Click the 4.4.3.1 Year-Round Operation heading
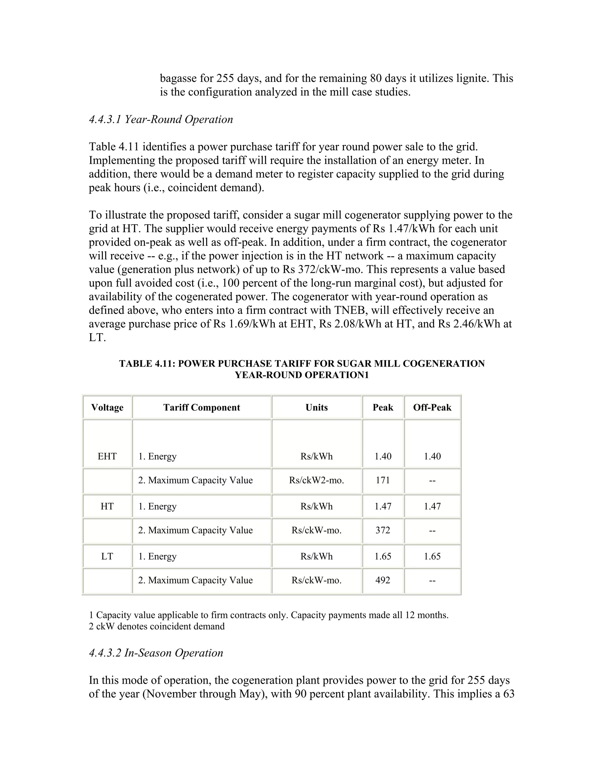161,119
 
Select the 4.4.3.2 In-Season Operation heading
156,653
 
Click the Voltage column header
107,408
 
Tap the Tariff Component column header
201,408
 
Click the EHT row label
107,456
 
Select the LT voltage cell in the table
107,556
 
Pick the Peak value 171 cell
383,480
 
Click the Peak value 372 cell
383,530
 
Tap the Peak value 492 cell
383,580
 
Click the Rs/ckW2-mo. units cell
316,480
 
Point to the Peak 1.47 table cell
383,506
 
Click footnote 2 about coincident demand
157,626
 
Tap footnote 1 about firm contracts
268,615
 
